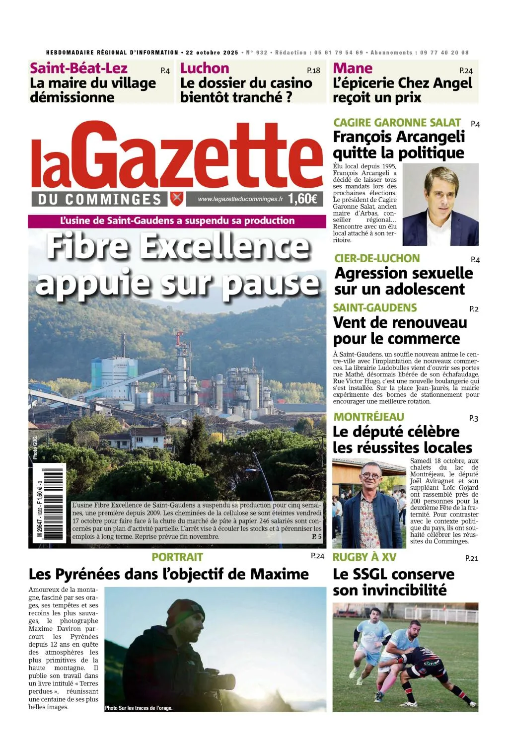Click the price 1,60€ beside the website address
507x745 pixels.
click(x=302, y=199)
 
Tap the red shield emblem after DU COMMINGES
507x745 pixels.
click(x=176, y=199)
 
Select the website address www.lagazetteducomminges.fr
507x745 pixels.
click(x=240, y=199)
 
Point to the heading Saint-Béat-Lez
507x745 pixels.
click(x=78, y=68)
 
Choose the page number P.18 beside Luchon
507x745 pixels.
click(x=313, y=71)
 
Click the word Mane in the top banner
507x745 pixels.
click(x=353, y=68)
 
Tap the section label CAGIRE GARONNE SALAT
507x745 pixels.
click(x=397, y=123)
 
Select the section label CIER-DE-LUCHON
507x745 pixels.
click(x=377, y=258)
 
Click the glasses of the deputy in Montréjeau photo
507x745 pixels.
click(x=369, y=476)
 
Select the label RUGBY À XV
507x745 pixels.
click(x=364, y=557)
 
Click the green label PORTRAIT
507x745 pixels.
click(x=177, y=557)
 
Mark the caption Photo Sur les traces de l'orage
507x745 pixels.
click(x=139, y=708)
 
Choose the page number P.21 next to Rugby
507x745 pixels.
click(x=471, y=558)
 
